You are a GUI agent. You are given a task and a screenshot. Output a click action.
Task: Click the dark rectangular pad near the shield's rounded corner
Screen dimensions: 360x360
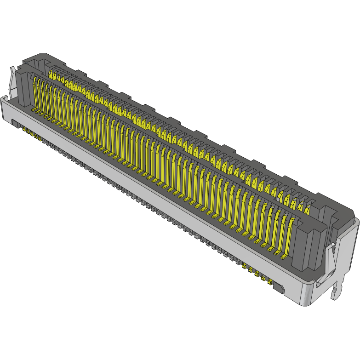(x=279, y=289)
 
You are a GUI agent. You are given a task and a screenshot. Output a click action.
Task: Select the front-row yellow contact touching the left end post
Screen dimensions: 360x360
(x=36, y=92)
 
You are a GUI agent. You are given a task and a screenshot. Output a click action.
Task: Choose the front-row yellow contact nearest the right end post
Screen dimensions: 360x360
(x=287, y=234)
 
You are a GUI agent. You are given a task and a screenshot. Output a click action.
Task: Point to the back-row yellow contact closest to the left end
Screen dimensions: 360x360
(x=51, y=74)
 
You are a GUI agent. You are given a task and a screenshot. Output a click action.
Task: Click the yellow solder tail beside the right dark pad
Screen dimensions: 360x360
(x=270, y=282)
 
